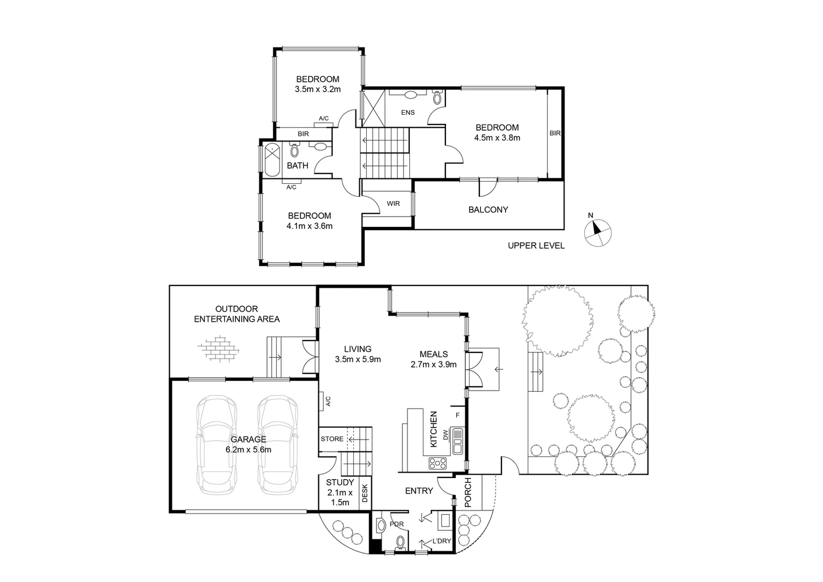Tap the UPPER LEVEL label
[x=536, y=246]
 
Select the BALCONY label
[x=488, y=210]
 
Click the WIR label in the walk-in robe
[x=393, y=204]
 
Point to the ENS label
[x=408, y=113]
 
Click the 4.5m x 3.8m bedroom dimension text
[x=497, y=137]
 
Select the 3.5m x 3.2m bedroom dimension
[x=317, y=89]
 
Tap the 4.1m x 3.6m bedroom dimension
[x=309, y=226]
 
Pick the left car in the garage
[x=217, y=445]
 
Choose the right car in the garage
[x=277, y=445]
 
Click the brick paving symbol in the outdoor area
[x=218, y=349]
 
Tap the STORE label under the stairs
[x=332, y=439]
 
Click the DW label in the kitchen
[x=445, y=434]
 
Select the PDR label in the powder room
[x=396, y=523]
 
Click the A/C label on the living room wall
[x=327, y=401]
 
